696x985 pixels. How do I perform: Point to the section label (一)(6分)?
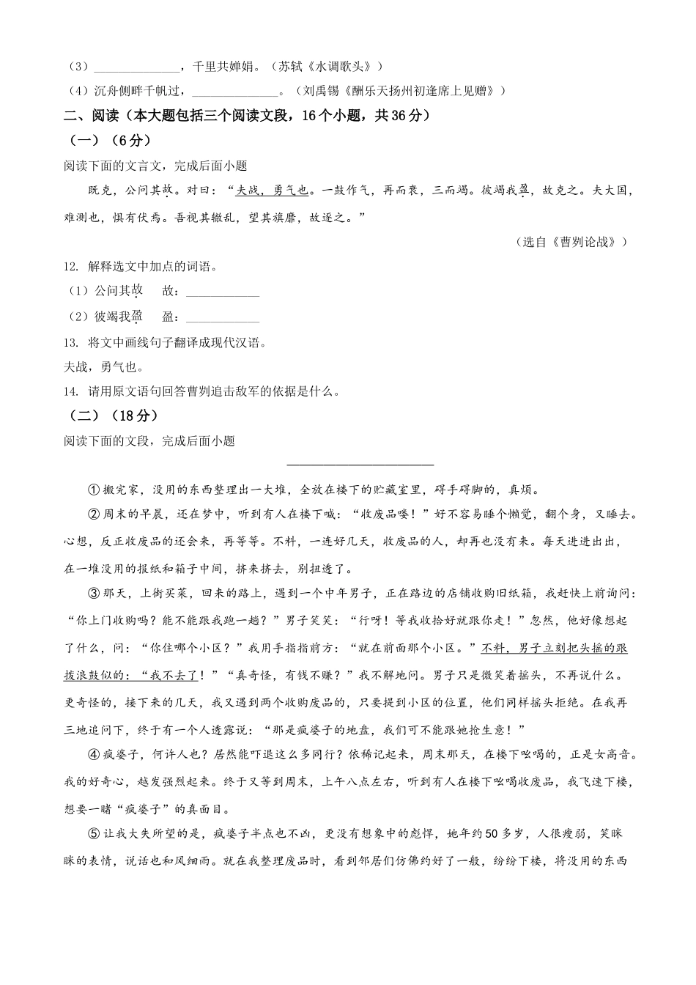[x=110, y=140]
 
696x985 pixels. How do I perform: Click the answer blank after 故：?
[x=223, y=292]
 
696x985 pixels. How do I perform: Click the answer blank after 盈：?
[x=223, y=317]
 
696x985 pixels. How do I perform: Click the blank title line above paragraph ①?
[x=360, y=462]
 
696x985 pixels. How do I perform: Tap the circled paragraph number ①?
[x=94, y=490]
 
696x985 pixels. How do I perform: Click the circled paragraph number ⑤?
[x=94, y=834]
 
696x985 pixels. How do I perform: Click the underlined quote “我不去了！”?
[x=176, y=675]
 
